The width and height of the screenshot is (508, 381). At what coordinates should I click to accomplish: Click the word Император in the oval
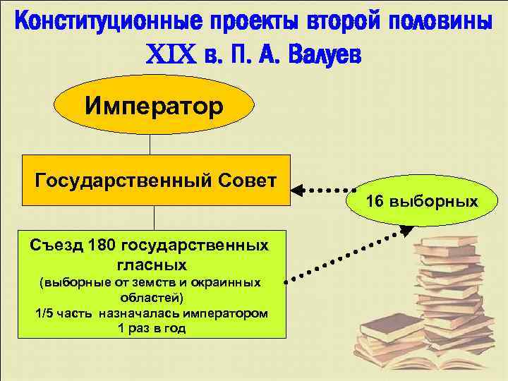click(154, 107)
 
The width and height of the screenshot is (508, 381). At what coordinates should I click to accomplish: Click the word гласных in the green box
click(150, 265)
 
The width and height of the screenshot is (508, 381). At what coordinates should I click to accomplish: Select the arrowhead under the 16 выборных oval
click(407, 229)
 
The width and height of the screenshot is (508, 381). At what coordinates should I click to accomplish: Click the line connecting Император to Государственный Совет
click(150, 143)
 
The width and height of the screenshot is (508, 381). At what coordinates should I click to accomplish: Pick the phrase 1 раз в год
click(150, 328)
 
